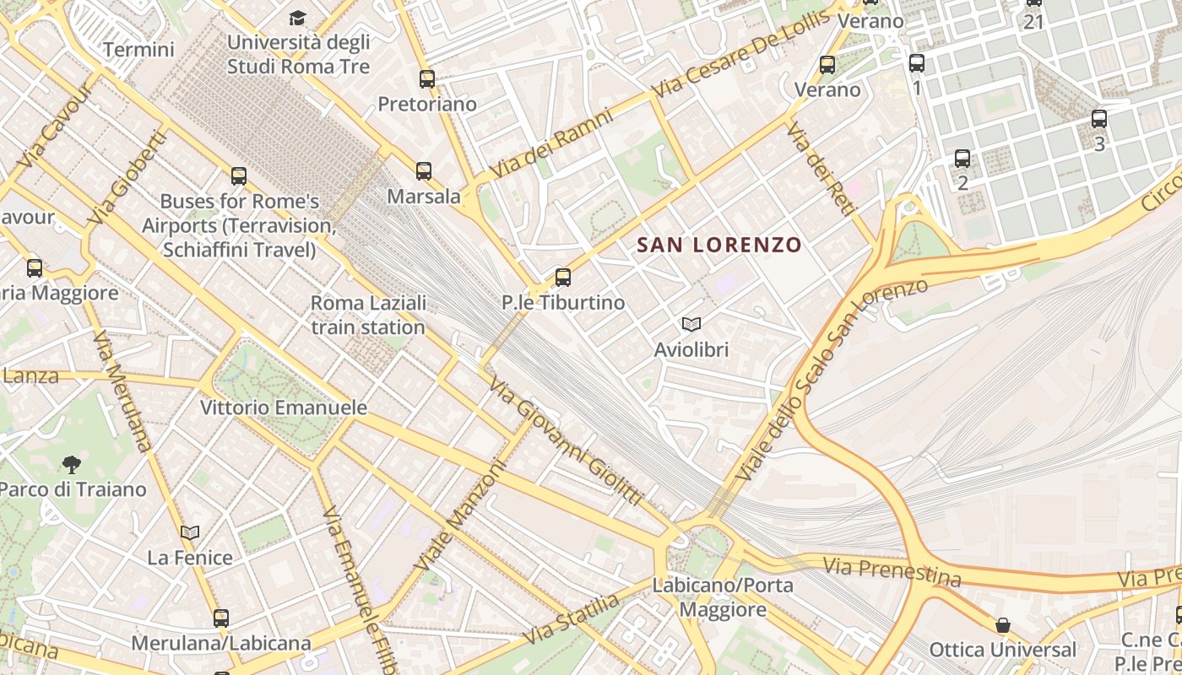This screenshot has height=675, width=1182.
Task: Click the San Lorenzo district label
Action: tap(718, 246)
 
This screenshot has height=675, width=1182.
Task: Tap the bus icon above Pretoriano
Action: tap(427, 79)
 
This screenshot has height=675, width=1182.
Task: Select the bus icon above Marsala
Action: tap(424, 171)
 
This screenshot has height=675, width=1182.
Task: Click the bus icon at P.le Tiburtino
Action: tap(563, 277)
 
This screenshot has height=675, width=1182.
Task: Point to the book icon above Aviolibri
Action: tap(691, 324)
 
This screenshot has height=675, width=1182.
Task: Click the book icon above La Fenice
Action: tap(190, 532)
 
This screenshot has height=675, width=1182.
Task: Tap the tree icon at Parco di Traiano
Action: tap(72, 463)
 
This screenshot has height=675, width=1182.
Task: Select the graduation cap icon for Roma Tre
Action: tap(297, 18)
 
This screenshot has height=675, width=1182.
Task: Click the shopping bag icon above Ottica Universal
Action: tap(1002, 625)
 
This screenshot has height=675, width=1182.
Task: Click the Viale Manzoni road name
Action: tap(459, 514)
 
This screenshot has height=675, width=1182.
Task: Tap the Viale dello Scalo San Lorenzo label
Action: tap(831, 380)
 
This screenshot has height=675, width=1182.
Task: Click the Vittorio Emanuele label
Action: tap(284, 408)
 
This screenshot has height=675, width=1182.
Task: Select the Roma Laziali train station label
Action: tap(368, 315)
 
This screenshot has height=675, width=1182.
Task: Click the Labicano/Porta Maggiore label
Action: tap(722, 597)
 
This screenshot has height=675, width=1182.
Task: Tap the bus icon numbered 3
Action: tap(1098, 119)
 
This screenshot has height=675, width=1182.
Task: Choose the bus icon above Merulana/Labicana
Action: tap(221, 618)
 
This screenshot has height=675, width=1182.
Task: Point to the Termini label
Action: tap(138, 50)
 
